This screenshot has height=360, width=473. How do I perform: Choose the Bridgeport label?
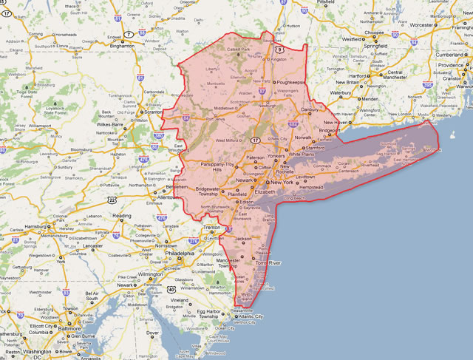click(x=330, y=129)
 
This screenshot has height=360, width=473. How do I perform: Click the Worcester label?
click(x=421, y=24)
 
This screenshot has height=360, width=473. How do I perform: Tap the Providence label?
click(x=451, y=65)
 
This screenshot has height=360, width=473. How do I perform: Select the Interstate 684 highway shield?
click(x=294, y=135)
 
